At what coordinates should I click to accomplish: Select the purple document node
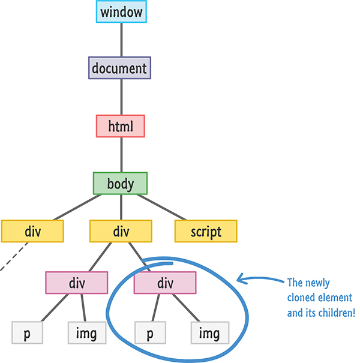point(119,68)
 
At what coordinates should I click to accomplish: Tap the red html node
point(120,126)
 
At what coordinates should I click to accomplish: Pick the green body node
point(121,183)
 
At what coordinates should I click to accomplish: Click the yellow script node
point(206,231)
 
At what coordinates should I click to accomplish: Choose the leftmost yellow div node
point(32,231)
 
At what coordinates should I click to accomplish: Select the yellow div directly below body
point(121,231)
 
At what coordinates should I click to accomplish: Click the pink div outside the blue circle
point(77,283)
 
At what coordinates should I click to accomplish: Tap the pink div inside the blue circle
point(164,283)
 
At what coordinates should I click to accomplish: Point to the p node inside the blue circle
point(151,332)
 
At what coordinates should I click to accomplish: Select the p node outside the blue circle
point(27,332)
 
